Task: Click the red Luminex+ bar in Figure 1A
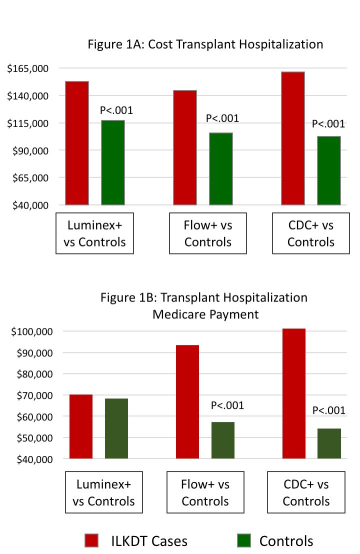(77, 143)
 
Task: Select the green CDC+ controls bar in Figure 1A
(329, 170)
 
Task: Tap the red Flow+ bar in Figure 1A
(185, 147)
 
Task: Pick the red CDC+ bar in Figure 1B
(294, 393)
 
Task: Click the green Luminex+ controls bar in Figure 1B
(116, 428)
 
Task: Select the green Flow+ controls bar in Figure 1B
(223, 440)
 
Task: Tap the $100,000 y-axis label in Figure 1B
(33, 331)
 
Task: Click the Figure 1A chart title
(205, 44)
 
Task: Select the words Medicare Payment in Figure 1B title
(205, 314)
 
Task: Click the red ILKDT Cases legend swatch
(93, 540)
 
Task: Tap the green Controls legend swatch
(243, 540)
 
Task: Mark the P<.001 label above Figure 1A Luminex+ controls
(116, 110)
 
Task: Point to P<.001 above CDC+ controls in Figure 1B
(329, 410)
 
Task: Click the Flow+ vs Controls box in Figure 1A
(208, 233)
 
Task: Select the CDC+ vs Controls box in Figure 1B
(306, 492)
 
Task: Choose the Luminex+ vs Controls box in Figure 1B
(104, 492)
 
